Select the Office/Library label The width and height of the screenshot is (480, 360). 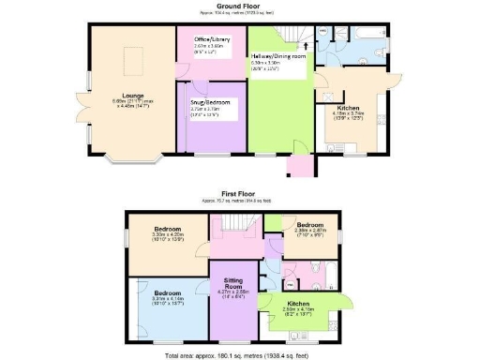[x=211, y=39]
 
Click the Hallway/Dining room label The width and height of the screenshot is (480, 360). [x=278, y=56]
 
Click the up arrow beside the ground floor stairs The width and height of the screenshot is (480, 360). [x=303, y=44]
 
